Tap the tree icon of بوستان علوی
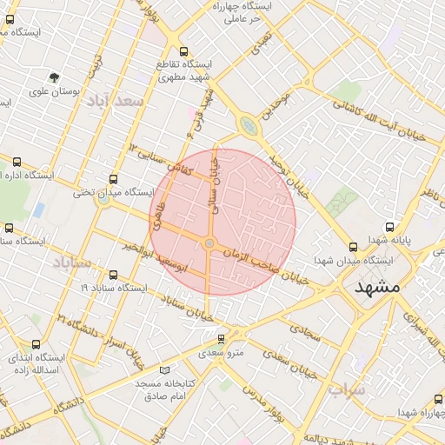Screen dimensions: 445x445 point(55,78)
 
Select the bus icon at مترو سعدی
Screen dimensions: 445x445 point(221,339)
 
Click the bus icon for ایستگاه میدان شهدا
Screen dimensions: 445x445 point(352,247)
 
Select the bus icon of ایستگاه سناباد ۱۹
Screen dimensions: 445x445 point(114,275)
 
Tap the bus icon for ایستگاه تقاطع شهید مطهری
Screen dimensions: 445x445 point(183,51)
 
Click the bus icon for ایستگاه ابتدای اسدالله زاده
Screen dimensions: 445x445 point(35,345)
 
